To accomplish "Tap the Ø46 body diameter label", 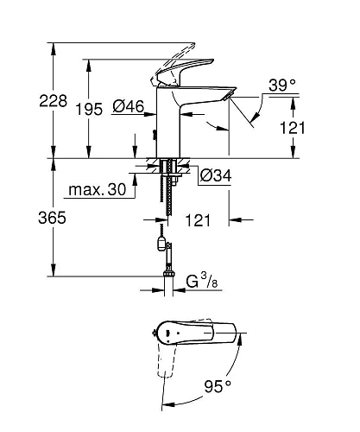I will point(127,108).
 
